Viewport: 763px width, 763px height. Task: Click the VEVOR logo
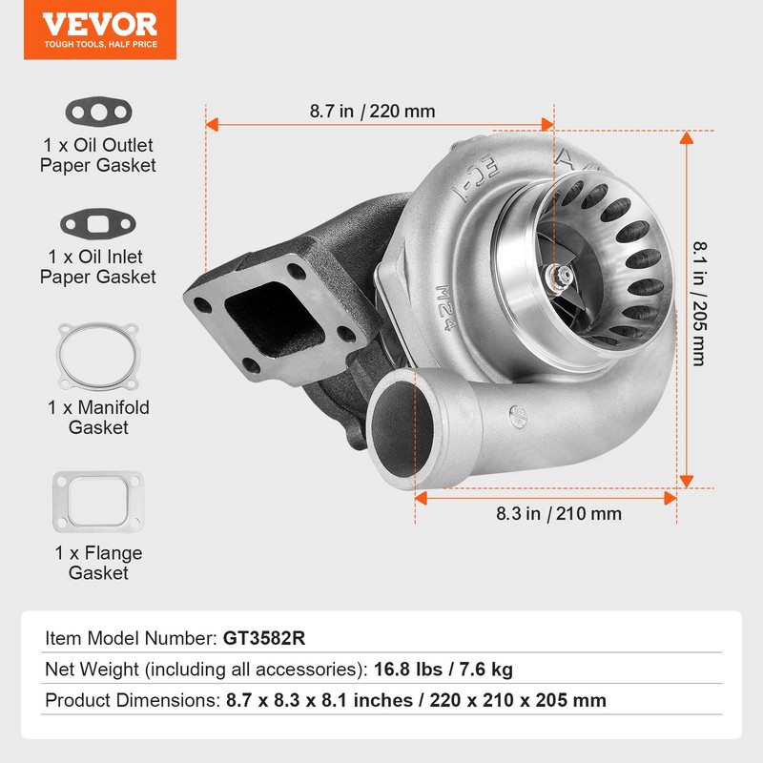pyautogui.click(x=98, y=23)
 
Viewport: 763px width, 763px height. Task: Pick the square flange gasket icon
pyautogui.click(x=97, y=502)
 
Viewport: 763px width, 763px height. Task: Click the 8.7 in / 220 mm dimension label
pyautogui.click(x=372, y=112)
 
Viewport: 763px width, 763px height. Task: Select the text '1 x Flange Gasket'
pyautogui.click(x=97, y=563)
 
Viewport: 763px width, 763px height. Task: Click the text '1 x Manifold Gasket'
pyautogui.click(x=97, y=418)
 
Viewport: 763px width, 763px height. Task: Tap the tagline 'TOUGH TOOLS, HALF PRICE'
pyautogui.click(x=98, y=43)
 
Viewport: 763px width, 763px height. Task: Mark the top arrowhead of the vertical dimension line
pyautogui.click(x=685, y=137)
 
